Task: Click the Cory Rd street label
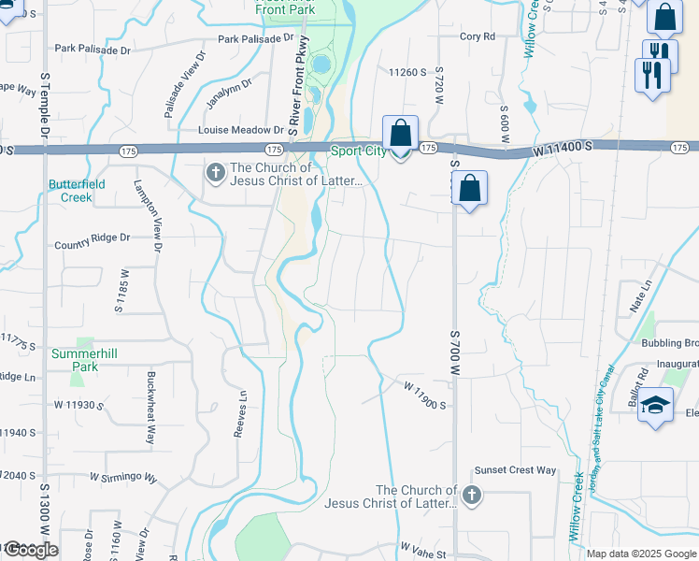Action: [x=477, y=36]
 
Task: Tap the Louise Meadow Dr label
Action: [x=239, y=130]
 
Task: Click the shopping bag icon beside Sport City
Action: [x=401, y=135]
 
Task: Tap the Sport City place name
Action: [x=359, y=151]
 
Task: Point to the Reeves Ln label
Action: [x=243, y=412]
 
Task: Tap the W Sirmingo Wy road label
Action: [x=123, y=477]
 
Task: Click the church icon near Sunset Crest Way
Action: [x=472, y=495]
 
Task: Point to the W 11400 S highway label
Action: [x=563, y=149]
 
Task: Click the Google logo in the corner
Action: [x=30, y=550]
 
